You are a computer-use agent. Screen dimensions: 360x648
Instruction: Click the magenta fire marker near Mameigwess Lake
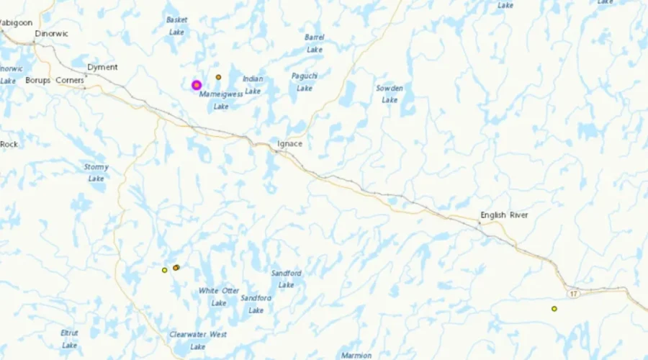(x=196, y=85)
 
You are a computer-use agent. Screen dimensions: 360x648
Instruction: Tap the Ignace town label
(x=290, y=144)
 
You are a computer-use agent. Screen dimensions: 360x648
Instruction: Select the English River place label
(x=504, y=215)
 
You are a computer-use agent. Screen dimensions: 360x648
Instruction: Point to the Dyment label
(x=102, y=67)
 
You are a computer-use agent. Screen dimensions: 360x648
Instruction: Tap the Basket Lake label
(x=176, y=26)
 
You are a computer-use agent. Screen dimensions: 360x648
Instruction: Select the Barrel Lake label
(x=315, y=43)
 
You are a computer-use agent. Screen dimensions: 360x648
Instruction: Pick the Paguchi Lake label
(x=305, y=82)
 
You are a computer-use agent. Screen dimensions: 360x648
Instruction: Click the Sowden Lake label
(x=390, y=94)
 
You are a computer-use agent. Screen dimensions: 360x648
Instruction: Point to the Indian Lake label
(x=253, y=85)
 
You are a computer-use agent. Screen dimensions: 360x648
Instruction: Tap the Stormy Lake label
(x=96, y=173)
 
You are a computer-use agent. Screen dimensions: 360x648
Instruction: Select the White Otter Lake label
(x=219, y=297)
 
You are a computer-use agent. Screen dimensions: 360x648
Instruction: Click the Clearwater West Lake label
(x=198, y=341)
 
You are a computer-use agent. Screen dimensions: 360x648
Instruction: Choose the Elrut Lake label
(x=70, y=339)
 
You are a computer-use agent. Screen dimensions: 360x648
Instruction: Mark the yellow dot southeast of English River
(x=554, y=309)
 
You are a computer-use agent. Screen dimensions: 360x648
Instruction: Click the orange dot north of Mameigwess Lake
(x=218, y=77)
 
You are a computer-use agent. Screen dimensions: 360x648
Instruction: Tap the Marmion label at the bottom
(x=356, y=356)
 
